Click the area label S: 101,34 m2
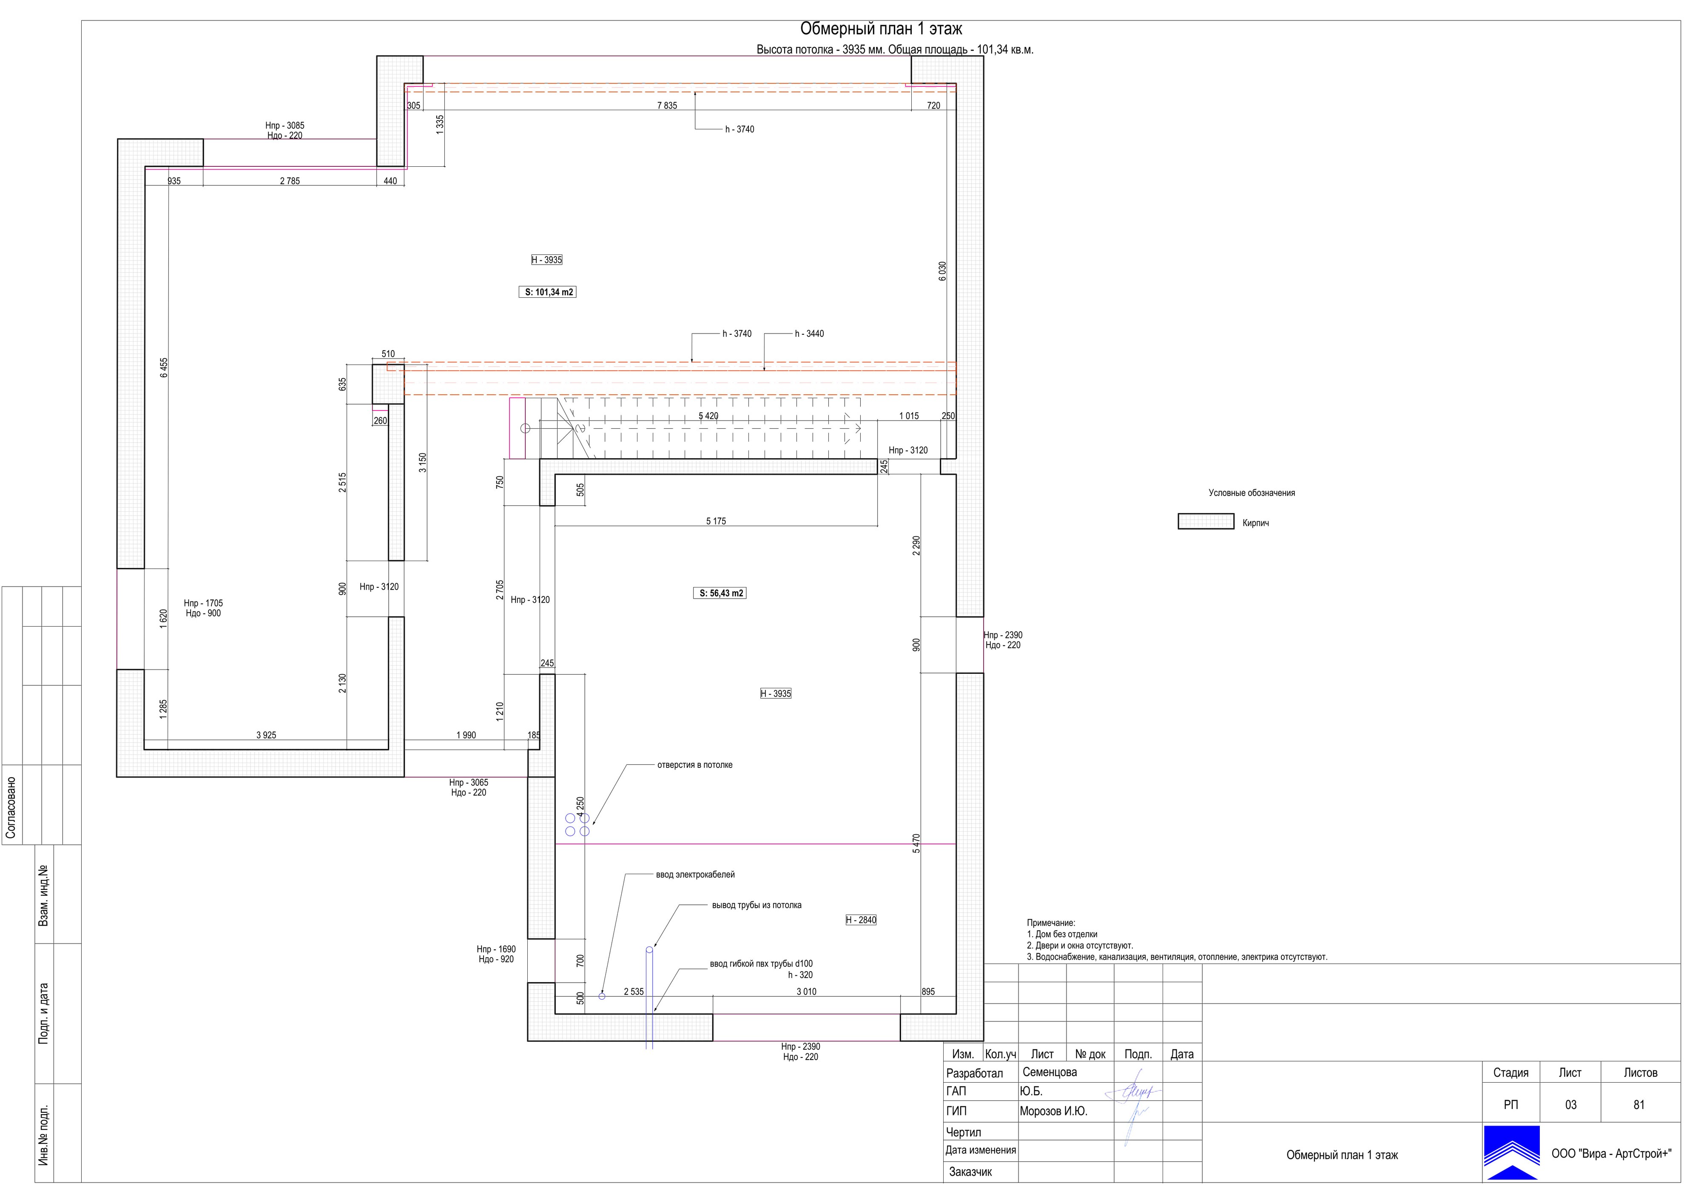[x=547, y=292]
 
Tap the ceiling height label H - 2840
[x=861, y=920]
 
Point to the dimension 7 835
[x=667, y=105]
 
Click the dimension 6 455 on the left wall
[x=164, y=368]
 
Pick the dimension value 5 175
[x=716, y=521]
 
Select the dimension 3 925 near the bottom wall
[x=266, y=735]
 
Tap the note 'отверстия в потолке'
[x=695, y=765]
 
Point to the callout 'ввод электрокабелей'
[x=695, y=875]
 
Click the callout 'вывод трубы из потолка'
[x=757, y=905]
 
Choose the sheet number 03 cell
[x=1570, y=1104]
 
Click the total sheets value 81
[x=1639, y=1104]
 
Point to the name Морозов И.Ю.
[x=1053, y=1111]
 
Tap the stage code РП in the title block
[x=1510, y=1104]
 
